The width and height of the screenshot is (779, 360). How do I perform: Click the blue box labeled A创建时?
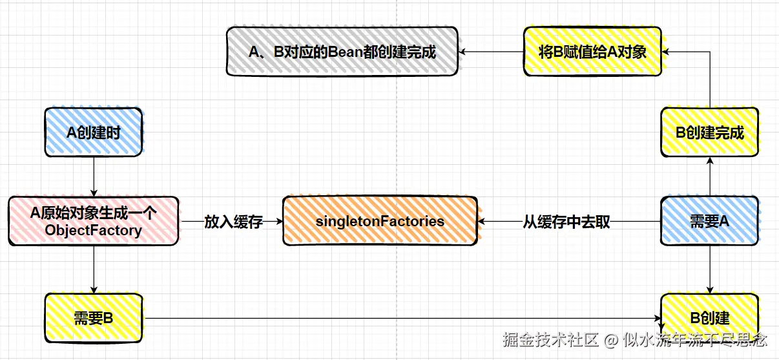tap(94, 132)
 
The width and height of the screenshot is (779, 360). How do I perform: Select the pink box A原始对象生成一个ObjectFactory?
tap(94, 221)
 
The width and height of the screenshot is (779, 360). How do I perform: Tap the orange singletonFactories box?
tap(380, 221)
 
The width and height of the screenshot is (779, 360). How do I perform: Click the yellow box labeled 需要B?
tap(94, 317)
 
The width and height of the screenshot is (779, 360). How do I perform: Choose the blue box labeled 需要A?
tap(709, 221)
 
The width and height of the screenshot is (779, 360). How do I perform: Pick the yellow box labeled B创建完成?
tap(709, 132)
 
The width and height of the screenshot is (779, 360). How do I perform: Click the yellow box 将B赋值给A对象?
tap(592, 52)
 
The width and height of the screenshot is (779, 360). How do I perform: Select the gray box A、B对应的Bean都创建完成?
tap(342, 52)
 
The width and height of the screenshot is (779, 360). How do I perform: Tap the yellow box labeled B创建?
tap(709, 317)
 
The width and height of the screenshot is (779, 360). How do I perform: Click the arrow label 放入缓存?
tap(233, 222)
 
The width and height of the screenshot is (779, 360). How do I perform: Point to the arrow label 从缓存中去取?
tap(566, 222)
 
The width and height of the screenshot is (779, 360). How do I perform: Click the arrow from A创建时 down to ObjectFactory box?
tap(94, 176)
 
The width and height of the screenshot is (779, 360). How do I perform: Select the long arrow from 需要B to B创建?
tap(400, 317)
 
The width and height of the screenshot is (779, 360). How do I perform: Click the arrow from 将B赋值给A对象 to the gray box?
tap(490, 52)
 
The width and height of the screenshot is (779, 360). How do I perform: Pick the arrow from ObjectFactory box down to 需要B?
tap(94, 269)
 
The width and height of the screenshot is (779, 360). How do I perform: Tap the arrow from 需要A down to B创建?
tap(710, 269)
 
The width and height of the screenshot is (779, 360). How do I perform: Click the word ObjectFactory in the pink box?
tap(94, 230)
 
